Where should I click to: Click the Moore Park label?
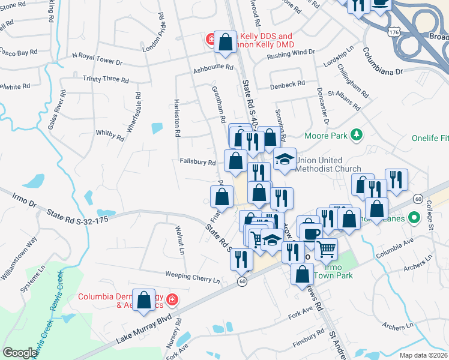click(326, 136)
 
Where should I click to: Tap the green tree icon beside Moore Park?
click(357, 134)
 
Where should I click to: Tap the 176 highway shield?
click(393, 31)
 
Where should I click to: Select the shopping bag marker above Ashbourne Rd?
click(226, 42)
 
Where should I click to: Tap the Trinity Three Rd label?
click(106, 79)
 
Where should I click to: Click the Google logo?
click(20, 353)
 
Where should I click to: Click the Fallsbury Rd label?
click(197, 162)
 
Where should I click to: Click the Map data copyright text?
click(423, 355)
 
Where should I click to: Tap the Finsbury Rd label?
click(309, 338)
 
